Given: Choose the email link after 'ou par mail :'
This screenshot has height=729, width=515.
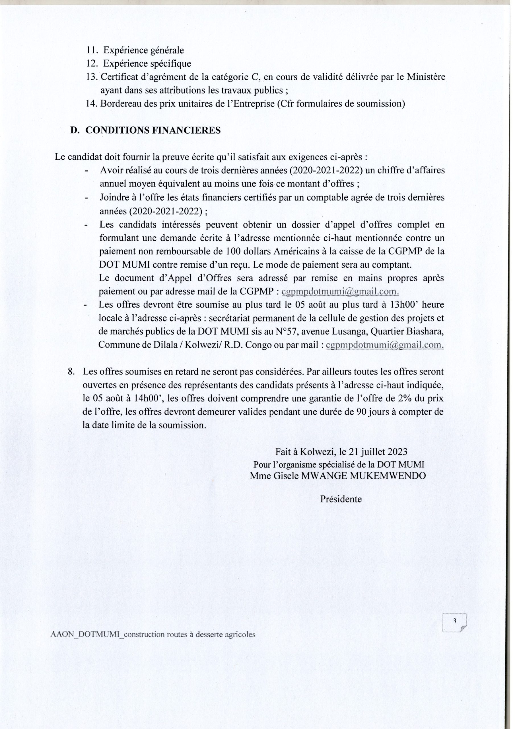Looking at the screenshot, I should tap(385, 345).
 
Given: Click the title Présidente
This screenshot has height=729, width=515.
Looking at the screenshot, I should tap(341, 499).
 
